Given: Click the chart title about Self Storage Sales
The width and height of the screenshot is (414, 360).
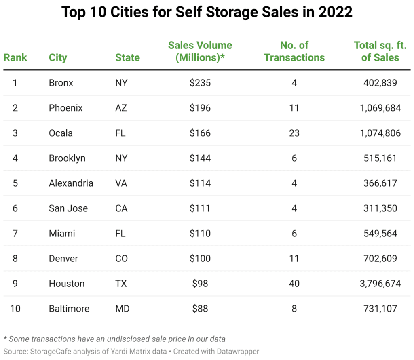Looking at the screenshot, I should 207,12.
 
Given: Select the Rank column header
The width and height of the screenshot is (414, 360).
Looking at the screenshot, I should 15,57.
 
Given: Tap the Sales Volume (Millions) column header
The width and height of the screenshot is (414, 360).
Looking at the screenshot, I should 200,51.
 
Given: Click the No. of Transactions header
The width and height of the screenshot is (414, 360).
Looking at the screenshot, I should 294,51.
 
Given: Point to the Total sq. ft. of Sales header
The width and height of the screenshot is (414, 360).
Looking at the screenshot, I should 380,51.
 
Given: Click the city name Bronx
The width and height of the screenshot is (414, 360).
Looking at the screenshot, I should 61,83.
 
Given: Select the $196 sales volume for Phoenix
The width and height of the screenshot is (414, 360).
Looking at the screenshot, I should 200,108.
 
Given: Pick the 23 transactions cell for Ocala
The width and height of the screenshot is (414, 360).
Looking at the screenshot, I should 294,133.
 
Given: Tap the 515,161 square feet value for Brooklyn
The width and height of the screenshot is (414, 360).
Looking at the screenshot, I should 380,158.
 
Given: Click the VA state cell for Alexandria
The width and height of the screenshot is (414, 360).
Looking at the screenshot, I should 121,183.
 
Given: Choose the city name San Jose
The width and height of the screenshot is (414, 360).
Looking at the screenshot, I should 68,208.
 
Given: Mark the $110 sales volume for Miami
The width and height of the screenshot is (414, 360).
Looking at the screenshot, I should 200,233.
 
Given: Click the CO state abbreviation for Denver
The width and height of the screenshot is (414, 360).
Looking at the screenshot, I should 122,258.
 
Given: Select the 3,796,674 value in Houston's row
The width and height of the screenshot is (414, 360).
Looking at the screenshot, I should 380,283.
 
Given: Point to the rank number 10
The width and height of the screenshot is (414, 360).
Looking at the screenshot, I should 15,308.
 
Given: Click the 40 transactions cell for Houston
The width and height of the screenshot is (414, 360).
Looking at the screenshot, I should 294,283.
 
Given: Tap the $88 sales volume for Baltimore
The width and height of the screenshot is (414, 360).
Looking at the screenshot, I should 200,308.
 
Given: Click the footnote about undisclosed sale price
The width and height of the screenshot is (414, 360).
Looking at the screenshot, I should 114,339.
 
